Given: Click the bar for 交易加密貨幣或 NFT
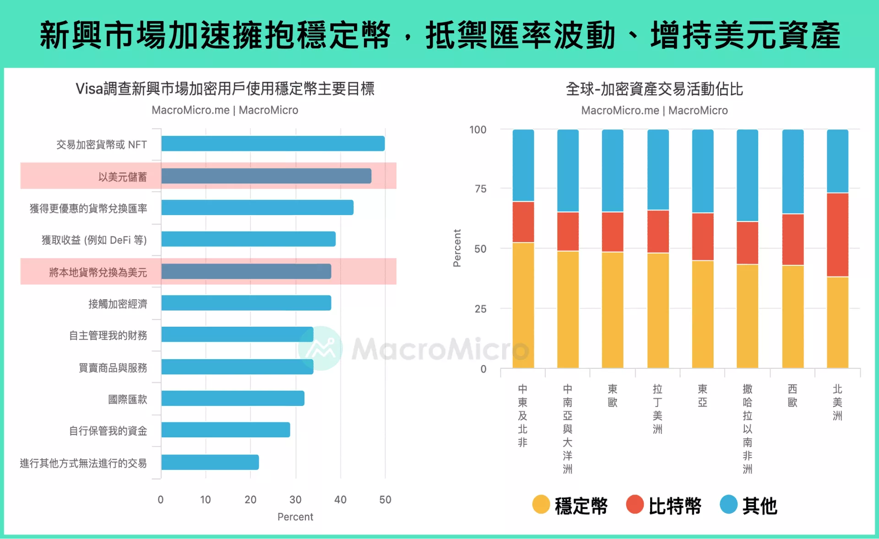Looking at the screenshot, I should click(273, 144).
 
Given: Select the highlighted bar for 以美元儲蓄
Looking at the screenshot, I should click(266, 176).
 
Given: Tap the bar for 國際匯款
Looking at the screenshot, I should click(233, 399).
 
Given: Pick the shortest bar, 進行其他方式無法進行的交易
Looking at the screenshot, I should click(210, 462).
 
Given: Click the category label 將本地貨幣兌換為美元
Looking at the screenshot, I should click(98, 272).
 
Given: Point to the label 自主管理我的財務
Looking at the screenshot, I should click(108, 335).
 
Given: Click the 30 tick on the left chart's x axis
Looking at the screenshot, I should click(295, 500).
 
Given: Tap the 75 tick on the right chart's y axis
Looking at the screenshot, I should click(480, 189).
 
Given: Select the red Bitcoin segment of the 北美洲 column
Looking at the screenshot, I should click(837, 235).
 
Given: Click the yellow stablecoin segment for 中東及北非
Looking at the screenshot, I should click(523, 305).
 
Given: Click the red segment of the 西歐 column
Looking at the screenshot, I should click(792, 239).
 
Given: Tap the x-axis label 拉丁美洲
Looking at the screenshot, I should click(657, 409).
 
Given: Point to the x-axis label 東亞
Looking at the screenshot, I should click(702, 395).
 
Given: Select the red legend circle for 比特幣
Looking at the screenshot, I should click(635, 505).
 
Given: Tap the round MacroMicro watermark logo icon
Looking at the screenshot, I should click(320, 349).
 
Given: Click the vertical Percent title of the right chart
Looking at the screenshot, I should click(457, 248).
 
